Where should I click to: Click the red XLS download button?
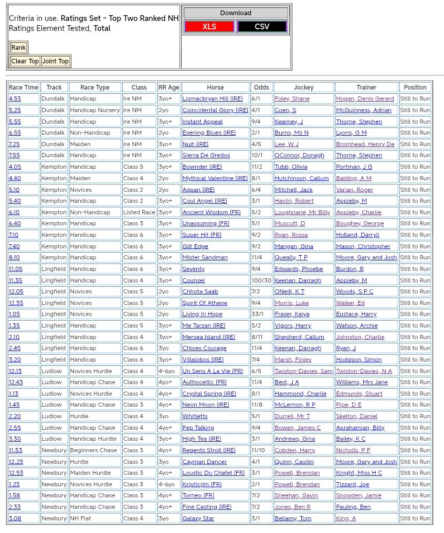[x=209, y=27]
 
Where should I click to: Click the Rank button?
[x=18, y=48]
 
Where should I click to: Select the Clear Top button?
[x=25, y=61]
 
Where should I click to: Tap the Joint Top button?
[x=56, y=61]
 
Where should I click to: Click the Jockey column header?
[x=303, y=88]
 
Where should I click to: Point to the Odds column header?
[x=261, y=88]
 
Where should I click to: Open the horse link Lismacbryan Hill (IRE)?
[x=213, y=99]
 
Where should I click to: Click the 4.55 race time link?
[x=15, y=99]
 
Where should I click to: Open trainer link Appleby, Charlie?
[x=358, y=212]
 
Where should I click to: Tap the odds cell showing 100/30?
[x=261, y=280]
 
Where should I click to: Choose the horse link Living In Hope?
[x=202, y=314]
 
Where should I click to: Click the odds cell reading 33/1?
[x=258, y=314]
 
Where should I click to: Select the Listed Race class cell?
[x=139, y=212]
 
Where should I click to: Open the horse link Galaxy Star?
[x=198, y=518]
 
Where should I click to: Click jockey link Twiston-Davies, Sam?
[x=303, y=371]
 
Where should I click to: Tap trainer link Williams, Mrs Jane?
[x=362, y=383]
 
